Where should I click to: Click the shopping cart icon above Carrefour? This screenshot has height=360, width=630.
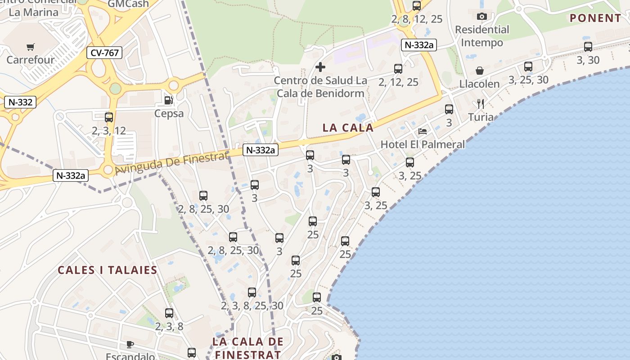point(31,47)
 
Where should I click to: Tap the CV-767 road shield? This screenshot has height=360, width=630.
point(104,53)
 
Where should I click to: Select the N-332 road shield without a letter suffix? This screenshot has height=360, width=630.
point(20,102)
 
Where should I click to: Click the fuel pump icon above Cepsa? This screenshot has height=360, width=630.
point(169,100)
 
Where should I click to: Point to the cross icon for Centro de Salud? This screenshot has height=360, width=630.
point(320,67)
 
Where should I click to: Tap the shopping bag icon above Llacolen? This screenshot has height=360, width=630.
point(480,71)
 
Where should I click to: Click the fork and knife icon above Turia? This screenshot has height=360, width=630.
point(480,104)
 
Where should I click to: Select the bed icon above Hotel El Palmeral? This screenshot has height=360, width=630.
point(423,131)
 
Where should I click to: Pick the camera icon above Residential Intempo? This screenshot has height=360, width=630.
point(482,17)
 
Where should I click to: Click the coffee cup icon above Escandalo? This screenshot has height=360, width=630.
point(130,344)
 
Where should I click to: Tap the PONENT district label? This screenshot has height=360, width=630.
point(595,18)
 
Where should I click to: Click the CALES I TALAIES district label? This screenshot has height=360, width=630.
point(108,270)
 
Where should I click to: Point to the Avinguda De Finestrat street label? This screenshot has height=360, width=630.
point(172,163)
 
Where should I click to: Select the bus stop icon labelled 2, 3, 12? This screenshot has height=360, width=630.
point(109,117)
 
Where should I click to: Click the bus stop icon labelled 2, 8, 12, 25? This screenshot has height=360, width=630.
point(417,6)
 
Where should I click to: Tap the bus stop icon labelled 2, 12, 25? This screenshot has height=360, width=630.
point(398,69)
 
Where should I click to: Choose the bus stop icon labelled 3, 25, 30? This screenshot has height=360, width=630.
point(528,67)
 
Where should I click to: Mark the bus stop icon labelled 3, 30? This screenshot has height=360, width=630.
point(588,46)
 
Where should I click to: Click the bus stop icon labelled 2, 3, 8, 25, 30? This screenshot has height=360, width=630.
point(252,292)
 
